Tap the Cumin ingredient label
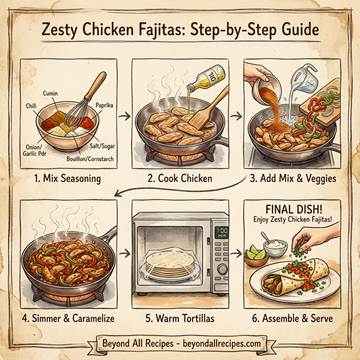click(53, 94)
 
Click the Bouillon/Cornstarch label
click(88, 159)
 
